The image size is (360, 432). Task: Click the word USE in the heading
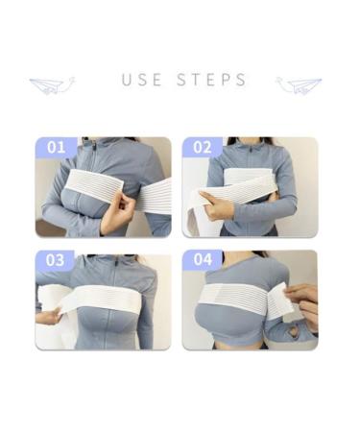tap(142, 80)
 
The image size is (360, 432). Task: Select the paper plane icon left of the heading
tap(52, 84)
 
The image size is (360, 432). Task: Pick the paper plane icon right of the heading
tap(299, 84)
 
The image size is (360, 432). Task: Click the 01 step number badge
tap(57, 147)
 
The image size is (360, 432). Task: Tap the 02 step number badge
tap(203, 147)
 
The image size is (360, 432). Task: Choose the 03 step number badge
tap(57, 260)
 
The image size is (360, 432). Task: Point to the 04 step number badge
tap(203, 260)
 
